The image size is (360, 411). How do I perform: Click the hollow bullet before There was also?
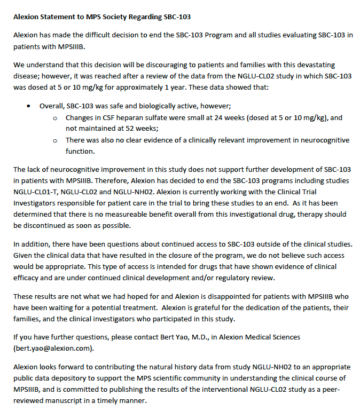click(x=56, y=140)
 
